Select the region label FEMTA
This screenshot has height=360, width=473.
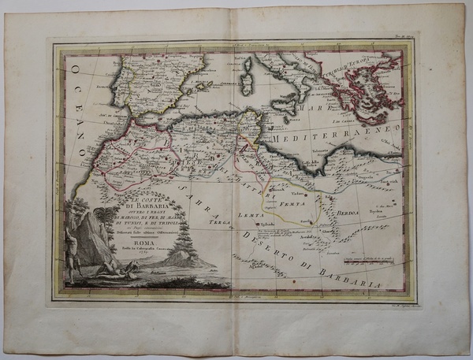(292, 203)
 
